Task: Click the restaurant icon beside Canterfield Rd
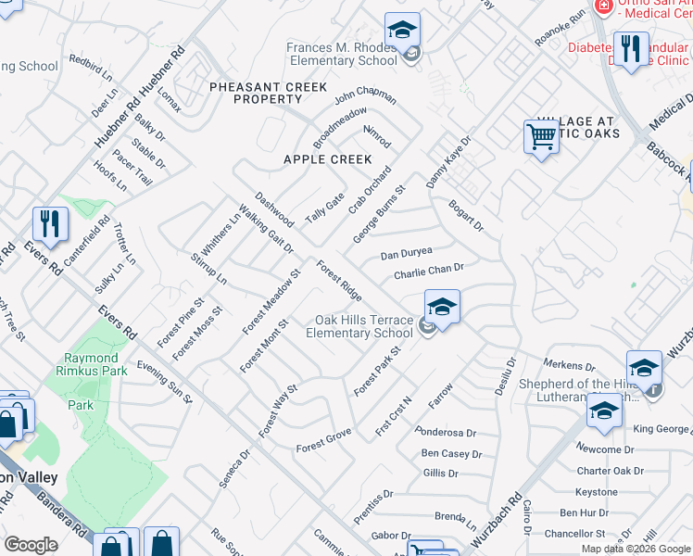[x=50, y=224]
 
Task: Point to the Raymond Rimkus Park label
[x=91, y=365]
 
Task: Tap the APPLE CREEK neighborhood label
[x=327, y=159]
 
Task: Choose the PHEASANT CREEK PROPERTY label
[x=268, y=93]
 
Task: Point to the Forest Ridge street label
[x=339, y=281]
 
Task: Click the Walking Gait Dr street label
[x=265, y=229]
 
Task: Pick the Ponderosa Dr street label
[x=446, y=433]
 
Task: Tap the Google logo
[x=31, y=544]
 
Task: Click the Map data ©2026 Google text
[x=636, y=549]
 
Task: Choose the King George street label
[x=661, y=429]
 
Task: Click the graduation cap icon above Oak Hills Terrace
[x=443, y=308]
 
